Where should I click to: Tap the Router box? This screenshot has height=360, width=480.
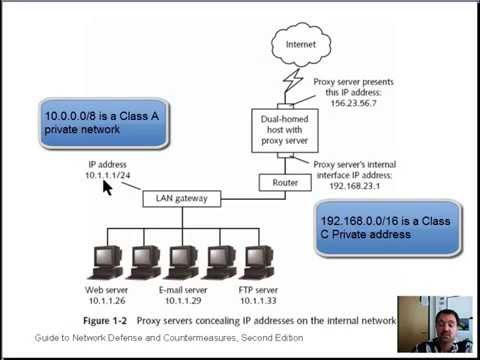278,182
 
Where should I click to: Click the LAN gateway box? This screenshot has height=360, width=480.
182,198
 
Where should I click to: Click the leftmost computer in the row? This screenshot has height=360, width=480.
109,259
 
